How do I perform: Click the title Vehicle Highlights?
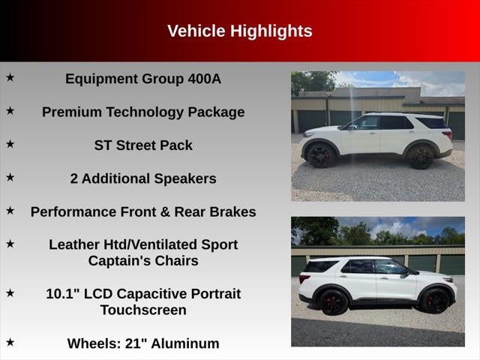click(x=240, y=31)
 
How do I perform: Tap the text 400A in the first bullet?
click(x=204, y=79)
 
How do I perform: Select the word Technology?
click(x=145, y=112)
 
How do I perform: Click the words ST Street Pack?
click(x=143, y=145)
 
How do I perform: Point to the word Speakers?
click(x=185, y=178)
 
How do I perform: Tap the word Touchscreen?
click(x=143, y=310)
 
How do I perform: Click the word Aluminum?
click(x=185, y=343)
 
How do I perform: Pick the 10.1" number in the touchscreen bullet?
click(x=63, y=294)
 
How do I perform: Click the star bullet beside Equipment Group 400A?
click(x=10, y=77)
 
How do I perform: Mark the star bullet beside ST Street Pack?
click(x=10, y=143)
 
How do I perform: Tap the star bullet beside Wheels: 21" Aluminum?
click(x=10, y=342)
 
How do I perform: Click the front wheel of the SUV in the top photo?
click(x=321, y=155)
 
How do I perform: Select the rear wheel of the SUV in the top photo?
click(x=421, y=157)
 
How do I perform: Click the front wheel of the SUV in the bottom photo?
click(x=435, y=301)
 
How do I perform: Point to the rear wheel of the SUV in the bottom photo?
click(x=333, y=302)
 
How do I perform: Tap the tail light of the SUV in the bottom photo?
click(x=304, y=277)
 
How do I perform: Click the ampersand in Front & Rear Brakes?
click(x=165, y=211)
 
